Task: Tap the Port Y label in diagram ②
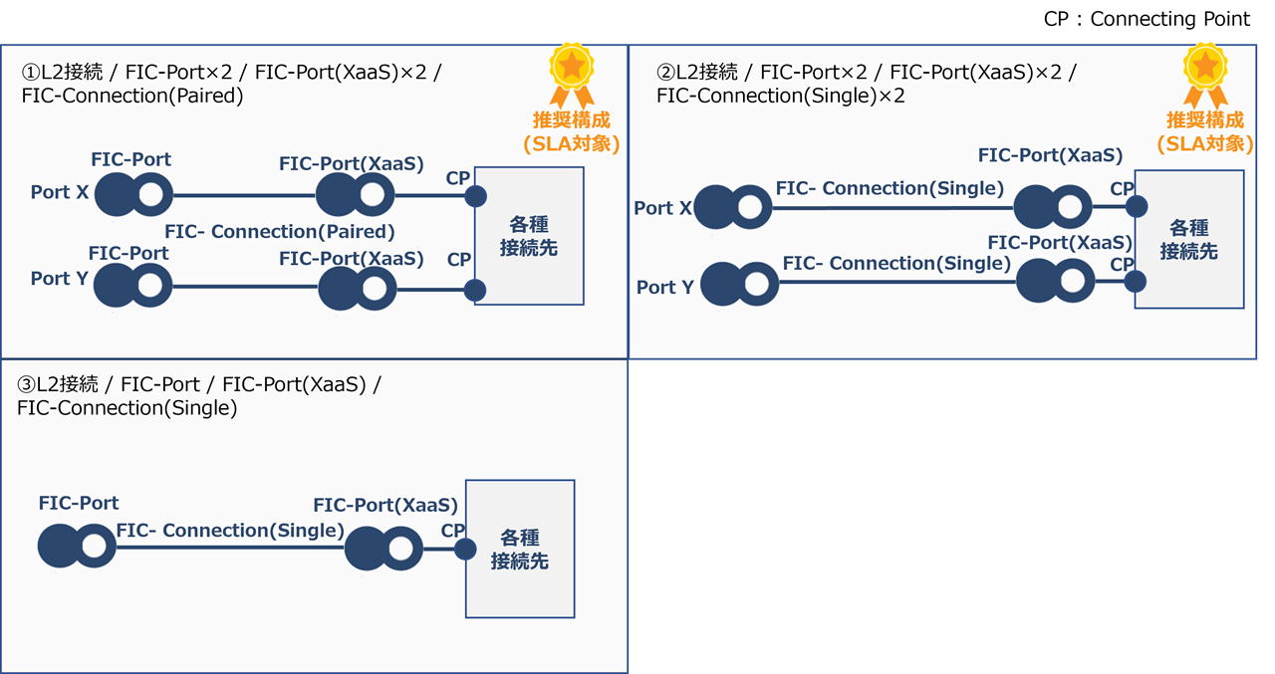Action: tap(664, 287)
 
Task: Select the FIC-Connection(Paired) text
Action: tap(280, 232)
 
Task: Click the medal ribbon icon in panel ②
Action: tap(1204, 75)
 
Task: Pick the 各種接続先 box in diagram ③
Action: tap(520, 550)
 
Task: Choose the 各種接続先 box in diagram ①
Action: tap(529, 236)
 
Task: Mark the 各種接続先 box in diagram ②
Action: tap(1189, 239)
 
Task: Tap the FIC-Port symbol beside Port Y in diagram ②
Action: tap(740, 285)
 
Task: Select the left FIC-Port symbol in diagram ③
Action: tap(77, 547)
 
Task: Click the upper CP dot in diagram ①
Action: tap(475, 196)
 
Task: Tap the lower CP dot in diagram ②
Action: tap(1136, 282)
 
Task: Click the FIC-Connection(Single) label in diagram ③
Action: tap(230, 531)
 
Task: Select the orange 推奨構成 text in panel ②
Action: tap(1204, 120)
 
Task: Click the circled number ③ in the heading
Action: tap(27, 385)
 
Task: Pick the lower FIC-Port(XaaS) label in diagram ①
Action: tap(351, 259)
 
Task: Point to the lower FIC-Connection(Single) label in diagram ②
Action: tap(896, 264)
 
